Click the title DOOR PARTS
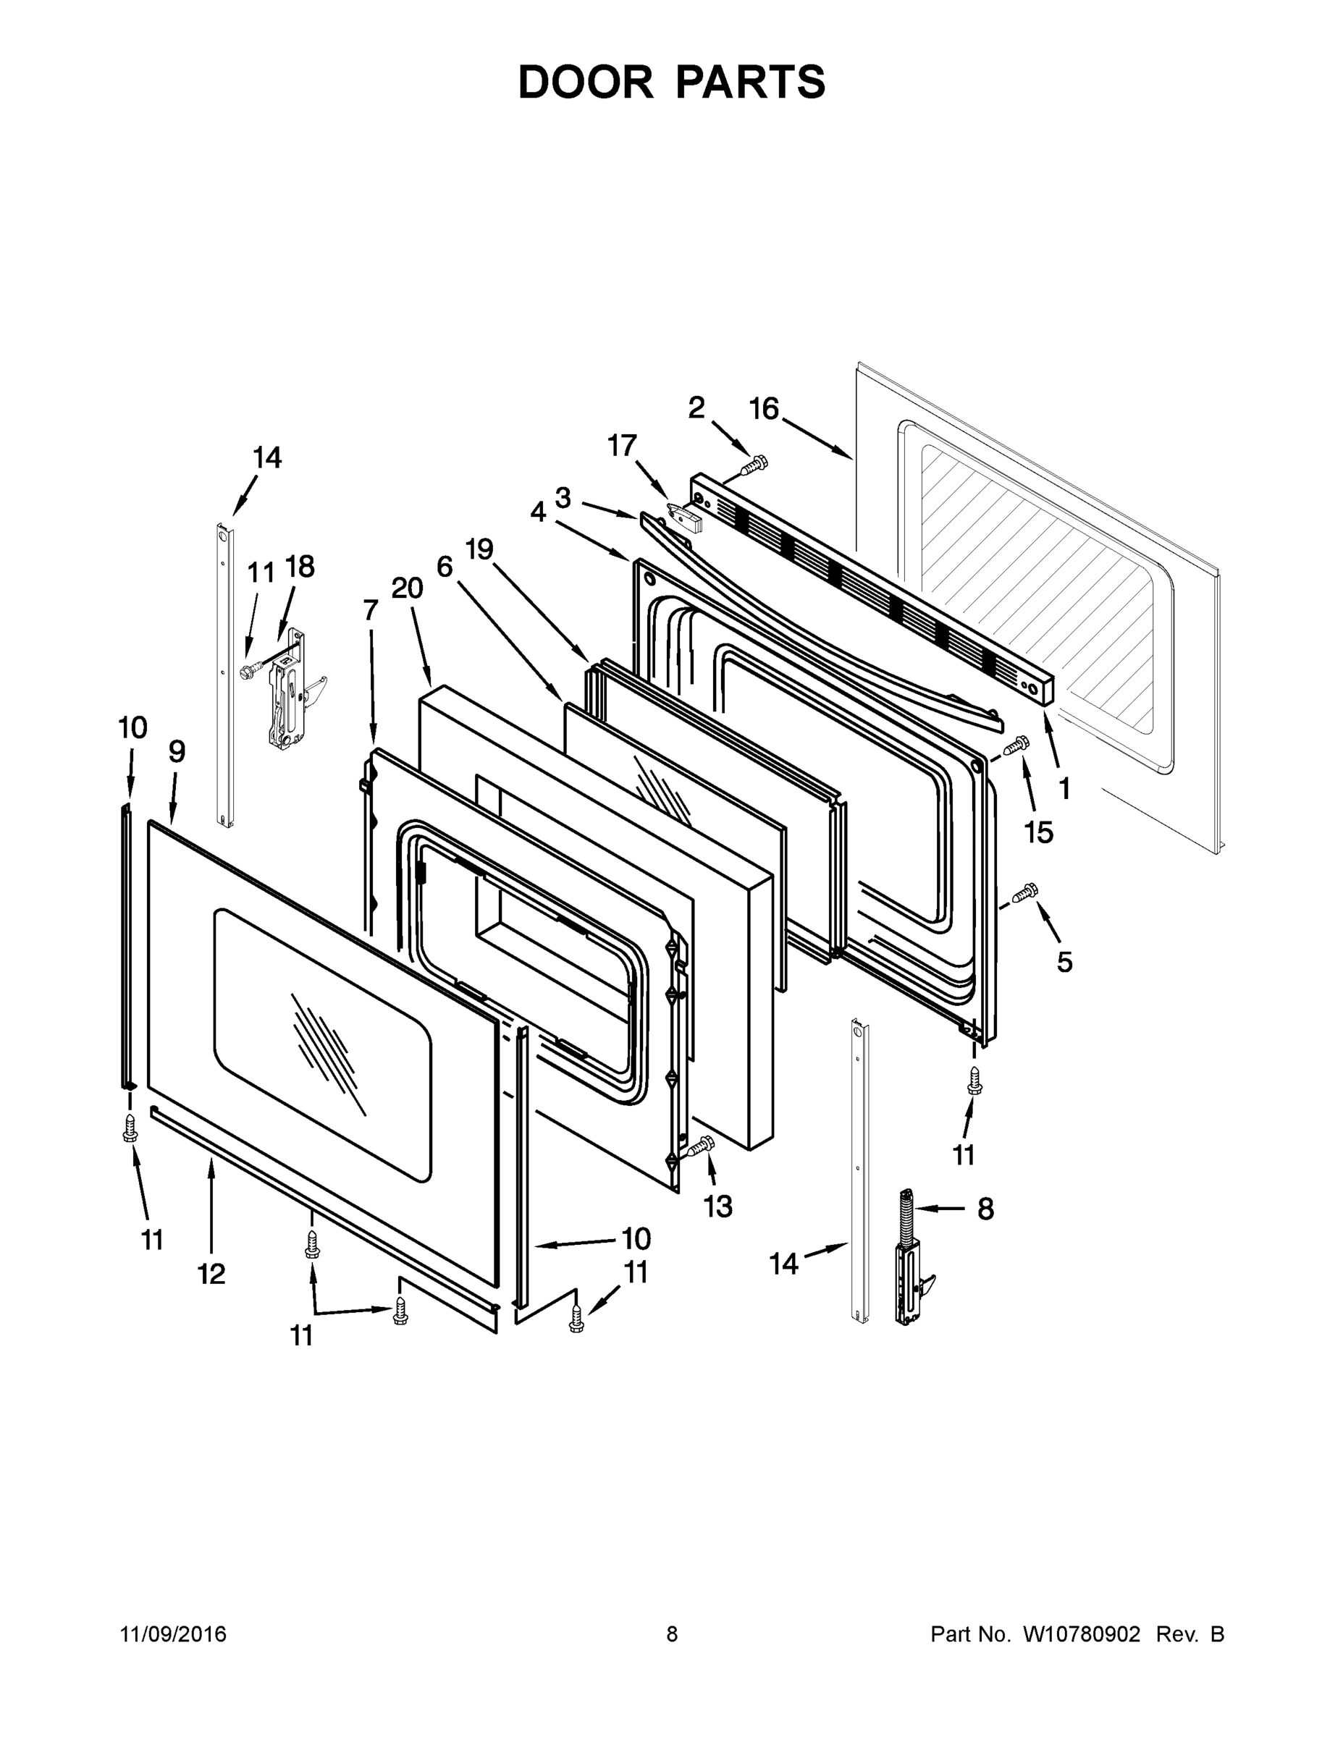(x=672, y=82)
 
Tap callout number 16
(x=764, y=409)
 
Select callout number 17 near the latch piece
(x=622, y=445)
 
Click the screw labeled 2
(x=754, y=464)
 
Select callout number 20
(x=407, y=588)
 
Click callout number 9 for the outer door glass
(x=177, y=751)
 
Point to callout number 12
(x=211, y=1273)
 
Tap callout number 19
(x=479, y=549)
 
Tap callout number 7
(x=370, y=610)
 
